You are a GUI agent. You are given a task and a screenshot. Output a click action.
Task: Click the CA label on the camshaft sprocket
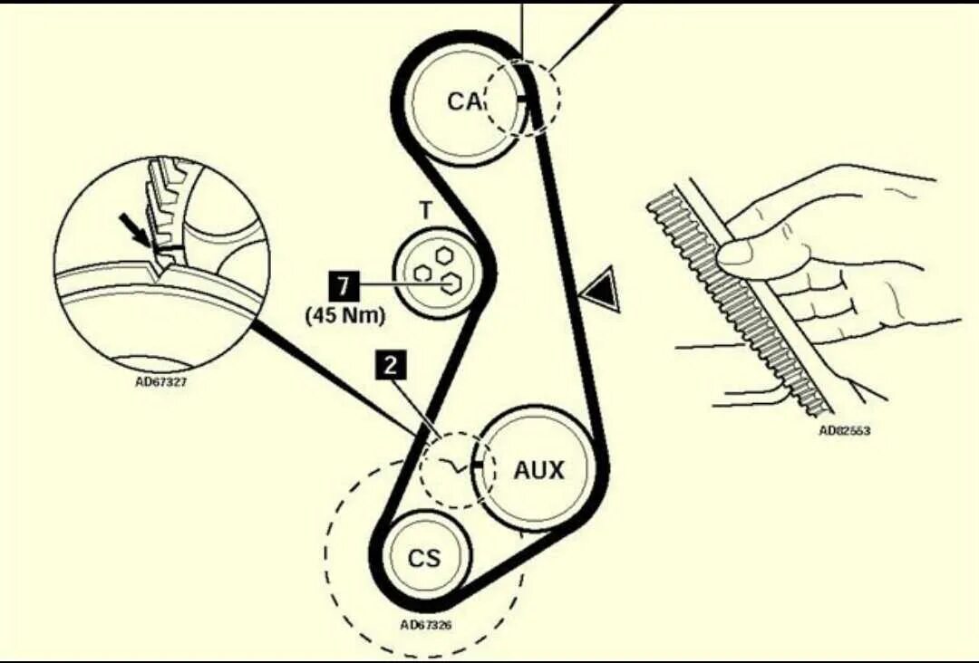coord(464,101)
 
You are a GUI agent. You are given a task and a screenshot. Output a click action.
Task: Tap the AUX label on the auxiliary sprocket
coord(538,470)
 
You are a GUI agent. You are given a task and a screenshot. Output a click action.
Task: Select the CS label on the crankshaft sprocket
coord(422,558)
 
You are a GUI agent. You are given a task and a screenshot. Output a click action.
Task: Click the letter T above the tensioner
coord(425,211)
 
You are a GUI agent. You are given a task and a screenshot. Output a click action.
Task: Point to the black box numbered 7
coord(343,287)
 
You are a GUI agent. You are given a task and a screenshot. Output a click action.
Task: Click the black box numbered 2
coord(392,366)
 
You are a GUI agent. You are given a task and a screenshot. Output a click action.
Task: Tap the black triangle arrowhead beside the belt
coord(601,293)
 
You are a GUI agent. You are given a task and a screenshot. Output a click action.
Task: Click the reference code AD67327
coord(161,381)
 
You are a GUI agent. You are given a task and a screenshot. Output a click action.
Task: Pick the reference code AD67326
coord(426,625)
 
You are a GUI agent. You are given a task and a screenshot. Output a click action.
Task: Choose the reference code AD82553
coord(844,431)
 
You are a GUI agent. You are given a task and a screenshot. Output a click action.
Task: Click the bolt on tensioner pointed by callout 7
coord(449,284)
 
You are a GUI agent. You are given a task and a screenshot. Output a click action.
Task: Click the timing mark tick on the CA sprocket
coord(523,96)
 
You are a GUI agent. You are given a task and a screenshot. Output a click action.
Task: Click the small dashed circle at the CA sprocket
coord(522,98)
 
